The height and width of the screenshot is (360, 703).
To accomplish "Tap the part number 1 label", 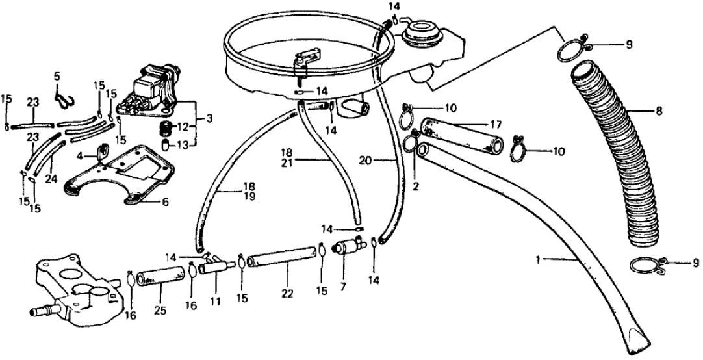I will [538, 260].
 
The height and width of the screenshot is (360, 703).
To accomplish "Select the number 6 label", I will [164, 203].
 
